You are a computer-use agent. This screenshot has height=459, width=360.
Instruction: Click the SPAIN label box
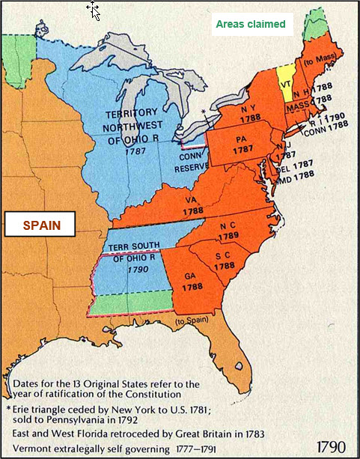41,224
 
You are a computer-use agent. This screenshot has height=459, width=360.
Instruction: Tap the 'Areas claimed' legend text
250,25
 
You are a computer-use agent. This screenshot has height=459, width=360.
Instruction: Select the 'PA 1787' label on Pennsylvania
241,144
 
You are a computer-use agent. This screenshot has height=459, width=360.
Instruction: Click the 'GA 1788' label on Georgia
192,281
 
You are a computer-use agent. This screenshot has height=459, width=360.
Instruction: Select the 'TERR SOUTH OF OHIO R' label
132,251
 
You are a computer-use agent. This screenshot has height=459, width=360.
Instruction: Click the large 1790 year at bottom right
331,446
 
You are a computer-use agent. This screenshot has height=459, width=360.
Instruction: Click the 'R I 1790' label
330,118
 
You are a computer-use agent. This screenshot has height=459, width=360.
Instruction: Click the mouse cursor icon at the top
94,10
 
